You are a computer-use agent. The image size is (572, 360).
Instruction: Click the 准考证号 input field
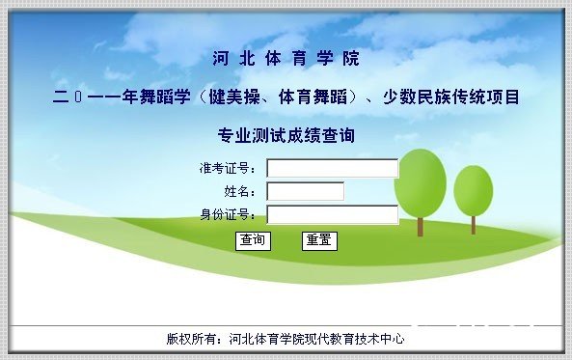coord(332,169)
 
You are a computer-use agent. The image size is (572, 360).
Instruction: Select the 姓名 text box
coord(305,191)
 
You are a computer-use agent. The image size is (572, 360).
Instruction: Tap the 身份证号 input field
coord(332,214)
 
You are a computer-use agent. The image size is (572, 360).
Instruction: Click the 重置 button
coord(319,240)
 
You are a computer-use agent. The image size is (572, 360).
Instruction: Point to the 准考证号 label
coord(228,169)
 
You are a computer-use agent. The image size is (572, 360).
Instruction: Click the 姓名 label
coord(240,191)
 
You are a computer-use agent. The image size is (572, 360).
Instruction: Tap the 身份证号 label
coord(228,214)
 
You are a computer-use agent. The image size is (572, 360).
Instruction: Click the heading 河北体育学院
coord(286,58)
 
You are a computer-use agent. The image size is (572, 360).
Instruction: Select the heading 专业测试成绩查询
coord(286,135)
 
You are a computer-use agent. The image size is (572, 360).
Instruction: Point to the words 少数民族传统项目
coord(459,97)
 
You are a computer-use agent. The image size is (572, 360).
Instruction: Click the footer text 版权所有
coord(188,339)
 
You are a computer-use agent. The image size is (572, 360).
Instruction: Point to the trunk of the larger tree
coord(421,225)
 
